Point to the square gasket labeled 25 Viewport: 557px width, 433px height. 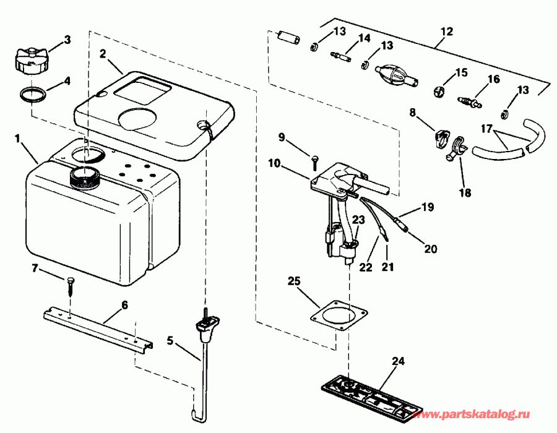pos(335,315)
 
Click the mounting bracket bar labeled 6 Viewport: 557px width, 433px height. pos(99,331)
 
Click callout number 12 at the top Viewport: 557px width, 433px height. pos(446,30)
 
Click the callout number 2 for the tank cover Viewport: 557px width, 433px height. pos(102,53)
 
